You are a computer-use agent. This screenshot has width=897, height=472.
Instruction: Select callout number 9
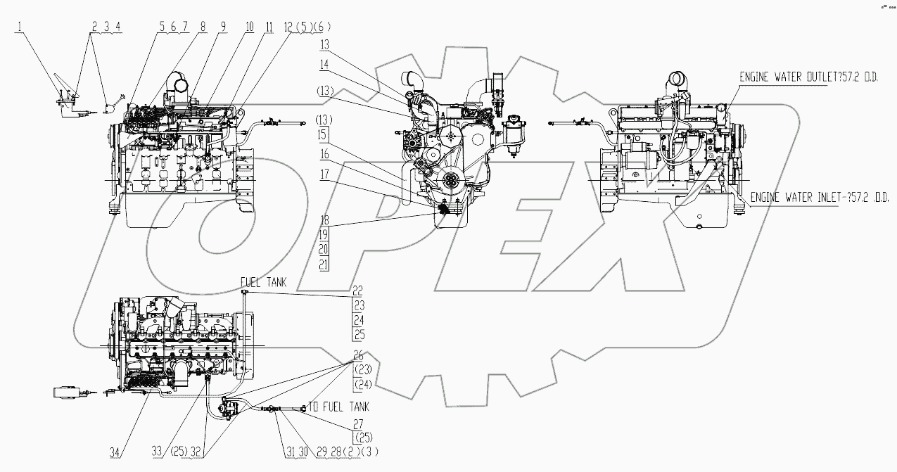[223, 27]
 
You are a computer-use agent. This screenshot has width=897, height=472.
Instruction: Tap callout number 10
[249, 27]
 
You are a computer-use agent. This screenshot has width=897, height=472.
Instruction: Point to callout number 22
[359, 289]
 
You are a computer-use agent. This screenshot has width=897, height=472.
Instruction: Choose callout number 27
[359, 425]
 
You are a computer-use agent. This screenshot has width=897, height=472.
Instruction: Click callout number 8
[203, 27]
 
